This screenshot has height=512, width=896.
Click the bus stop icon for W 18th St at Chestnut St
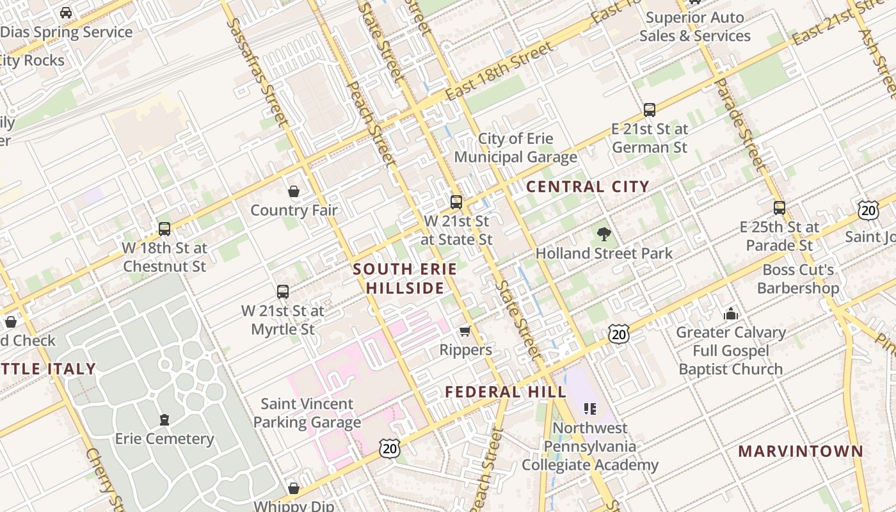[x=164, y=228]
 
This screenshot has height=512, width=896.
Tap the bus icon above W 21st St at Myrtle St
[x=283, y=292]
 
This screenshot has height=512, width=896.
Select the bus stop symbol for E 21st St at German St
[x=650, y=110]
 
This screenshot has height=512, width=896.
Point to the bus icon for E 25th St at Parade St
[x=779, y=208]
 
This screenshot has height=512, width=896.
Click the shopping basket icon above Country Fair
[x=294, y=191]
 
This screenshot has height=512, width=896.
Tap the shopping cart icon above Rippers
[x=465, y=331]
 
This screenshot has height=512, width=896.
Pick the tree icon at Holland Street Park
[x=603, y=234]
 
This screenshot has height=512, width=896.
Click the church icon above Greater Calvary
[x=730, y=314]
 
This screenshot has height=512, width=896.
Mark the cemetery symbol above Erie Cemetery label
[x=164, y=420]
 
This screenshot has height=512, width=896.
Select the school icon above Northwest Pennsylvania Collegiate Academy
[x=589, y=408]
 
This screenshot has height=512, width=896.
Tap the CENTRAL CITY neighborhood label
[x=588, y=187]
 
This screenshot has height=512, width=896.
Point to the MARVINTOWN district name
[x=801, y=451]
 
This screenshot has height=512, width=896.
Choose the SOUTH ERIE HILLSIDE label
[x=405, y=278]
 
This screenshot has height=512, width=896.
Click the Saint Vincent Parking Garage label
[x=307, y=413]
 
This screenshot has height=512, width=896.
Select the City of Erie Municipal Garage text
[x=516, y=148]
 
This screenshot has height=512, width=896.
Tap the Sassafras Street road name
[x=254, y=70]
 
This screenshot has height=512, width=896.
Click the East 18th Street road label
[x=499, y=72]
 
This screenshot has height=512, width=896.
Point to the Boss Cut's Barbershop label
[x=798, y=279]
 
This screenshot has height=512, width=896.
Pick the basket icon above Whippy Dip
[x=294, y=489]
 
